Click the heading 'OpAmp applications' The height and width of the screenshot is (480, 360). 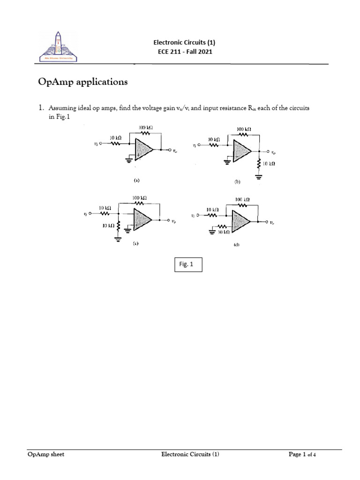pos(82,82)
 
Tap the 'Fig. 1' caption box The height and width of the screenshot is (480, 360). pos(188,265)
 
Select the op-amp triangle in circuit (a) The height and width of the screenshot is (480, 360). pos(143,150)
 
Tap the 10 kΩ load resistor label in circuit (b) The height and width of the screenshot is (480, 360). pos(269,164)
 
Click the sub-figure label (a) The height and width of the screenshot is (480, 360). pos(136,180)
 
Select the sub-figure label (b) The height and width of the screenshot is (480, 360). pos(238,181)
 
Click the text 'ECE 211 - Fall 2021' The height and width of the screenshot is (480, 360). pos(184,52)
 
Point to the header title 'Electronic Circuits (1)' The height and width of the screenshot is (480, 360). pos(184,42)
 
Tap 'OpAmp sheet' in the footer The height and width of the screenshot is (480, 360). pos(45,454)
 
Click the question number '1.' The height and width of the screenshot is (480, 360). pos(41,108)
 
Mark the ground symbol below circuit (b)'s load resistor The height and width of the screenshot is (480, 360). pos(258,176)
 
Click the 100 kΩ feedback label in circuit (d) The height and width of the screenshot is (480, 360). pos(242,199)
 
